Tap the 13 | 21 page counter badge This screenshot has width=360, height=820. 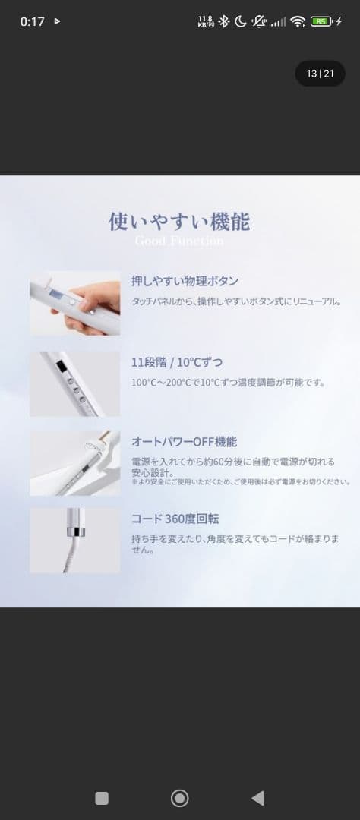click(x=320, y=74)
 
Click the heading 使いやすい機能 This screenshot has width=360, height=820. click(x=179, y=221)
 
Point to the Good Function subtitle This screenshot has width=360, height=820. click(x=179, y=241)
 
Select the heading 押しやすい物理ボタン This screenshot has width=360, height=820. click(x=185, y=281)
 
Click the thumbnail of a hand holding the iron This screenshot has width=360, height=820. click(x=75, y=303)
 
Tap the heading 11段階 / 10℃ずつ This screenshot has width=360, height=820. click(x=177, y=361)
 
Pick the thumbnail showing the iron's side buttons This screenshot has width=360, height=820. click(x=75, y=383)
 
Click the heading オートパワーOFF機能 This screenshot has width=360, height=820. click(x=185, y=442)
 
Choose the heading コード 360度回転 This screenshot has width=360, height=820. click(x=175, y=519)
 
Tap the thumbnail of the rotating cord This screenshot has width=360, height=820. click(x=75, y=541)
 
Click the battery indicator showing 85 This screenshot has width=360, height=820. click(x=321, y=22)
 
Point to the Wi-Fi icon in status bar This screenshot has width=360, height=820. click(x=297, y=22)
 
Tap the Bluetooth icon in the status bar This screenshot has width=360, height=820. click(x=223, y=22)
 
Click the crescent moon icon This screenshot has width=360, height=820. click(x=241, y=22)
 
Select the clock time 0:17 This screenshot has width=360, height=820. click(x=32, y=22)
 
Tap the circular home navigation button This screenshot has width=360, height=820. click(x=180, y=797)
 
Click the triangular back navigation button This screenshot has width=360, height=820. click(x=257, y=797)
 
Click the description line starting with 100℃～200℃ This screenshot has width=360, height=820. click(x=228, y=383)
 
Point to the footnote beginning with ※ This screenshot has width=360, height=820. click(x=240, y=481)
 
